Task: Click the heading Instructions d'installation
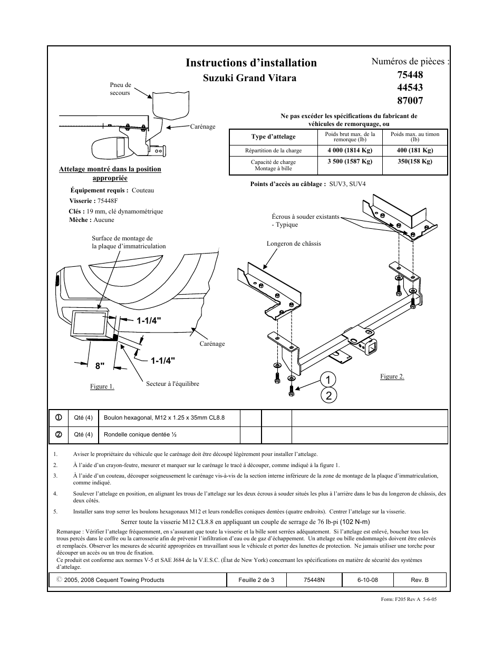(251, 63)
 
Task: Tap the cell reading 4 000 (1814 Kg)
(350, 150)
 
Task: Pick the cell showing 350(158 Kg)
(414, 162)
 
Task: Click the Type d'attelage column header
(273, 137)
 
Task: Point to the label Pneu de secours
(120, 89)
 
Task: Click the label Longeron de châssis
(294, 244)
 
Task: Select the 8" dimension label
(100, 365)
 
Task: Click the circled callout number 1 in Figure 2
(328, 380)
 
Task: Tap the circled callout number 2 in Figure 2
(328, 396)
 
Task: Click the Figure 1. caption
(102, 386)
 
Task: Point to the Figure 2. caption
(392, 376)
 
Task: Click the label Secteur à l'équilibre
(172, 384)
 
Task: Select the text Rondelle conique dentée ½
(140, 434)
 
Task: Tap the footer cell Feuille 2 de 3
(256, 580)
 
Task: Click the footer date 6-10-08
(367, 580)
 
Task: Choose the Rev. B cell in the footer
(419, 580)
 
